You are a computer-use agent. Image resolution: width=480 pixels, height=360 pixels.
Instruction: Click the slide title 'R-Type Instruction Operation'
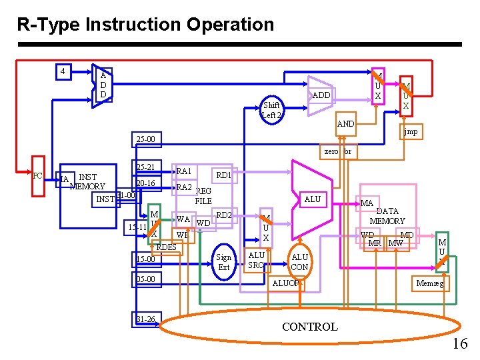(x=145, y=25)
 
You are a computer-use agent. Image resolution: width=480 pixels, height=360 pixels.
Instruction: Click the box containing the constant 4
(x=62, y=71)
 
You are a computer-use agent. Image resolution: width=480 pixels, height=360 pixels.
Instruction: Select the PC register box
(x=39, y=176)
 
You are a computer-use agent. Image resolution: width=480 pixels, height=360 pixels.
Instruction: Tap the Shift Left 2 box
(x=272, y=110)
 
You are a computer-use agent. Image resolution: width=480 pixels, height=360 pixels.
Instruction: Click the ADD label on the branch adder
(x=321, y=95)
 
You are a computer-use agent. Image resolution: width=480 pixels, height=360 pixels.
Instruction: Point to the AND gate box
(x=345, y=124)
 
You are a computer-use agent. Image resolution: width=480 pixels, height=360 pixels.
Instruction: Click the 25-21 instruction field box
(x=145, y=167)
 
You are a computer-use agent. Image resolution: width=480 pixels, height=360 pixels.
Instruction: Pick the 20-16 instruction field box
(x=145, y=183)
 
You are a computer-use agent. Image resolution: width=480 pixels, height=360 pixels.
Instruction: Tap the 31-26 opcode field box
(x=145, y=319)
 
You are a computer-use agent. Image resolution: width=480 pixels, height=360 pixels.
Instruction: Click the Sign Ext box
(x=224, y=262)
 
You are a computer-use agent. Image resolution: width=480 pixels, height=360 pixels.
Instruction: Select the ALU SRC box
(x=256, y=260)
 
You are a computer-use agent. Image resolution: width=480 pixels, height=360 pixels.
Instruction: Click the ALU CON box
(x=300, y=262)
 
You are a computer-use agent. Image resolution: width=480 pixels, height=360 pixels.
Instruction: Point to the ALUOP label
(x=285, y=283)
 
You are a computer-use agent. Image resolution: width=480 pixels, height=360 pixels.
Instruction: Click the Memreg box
(x=429, y=283)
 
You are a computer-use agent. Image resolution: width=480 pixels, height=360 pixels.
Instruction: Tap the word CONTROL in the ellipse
(x=310, y=327)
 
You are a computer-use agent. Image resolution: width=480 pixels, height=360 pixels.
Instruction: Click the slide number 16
(x=459, y=343)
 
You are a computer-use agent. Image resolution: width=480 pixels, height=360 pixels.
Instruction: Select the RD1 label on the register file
(x=223, y=175)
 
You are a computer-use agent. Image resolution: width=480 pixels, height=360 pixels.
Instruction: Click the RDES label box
(x=166, y=247)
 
